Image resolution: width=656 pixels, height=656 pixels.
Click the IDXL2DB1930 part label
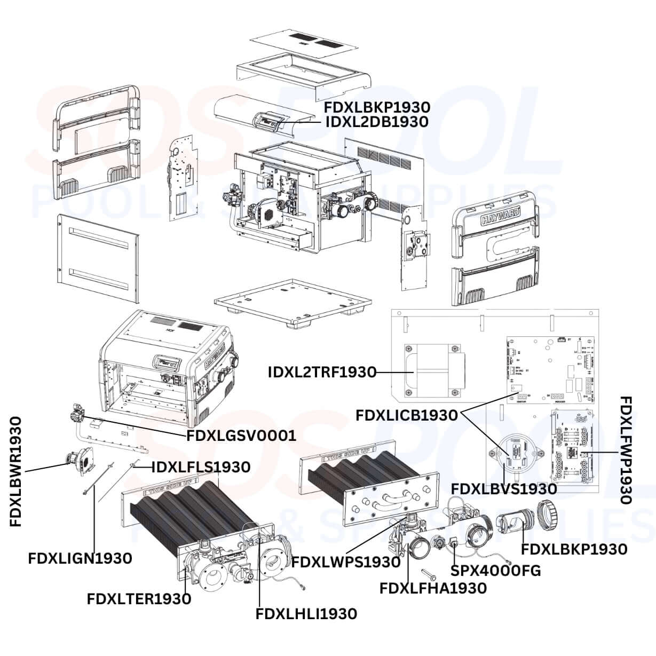(x=376, y=122)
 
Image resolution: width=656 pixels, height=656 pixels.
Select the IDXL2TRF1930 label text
(x=322, y=372)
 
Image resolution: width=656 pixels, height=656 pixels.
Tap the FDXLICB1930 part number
(x=406, y=415)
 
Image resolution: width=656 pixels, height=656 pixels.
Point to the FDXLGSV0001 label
(x=241, y=436)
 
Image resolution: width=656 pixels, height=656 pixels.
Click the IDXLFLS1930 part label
(x=201, y=467)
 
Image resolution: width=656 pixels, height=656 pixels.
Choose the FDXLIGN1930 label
(x=80, y=558)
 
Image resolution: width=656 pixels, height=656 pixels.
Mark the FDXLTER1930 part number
(x=139, y=599)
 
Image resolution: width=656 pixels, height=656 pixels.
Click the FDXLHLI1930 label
(x=306, y=614)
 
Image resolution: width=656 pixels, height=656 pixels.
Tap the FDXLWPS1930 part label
(x=346, y=562)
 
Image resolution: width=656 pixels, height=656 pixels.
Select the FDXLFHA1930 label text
(x=433, y=588)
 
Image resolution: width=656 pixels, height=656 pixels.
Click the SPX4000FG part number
(x=495, y=571)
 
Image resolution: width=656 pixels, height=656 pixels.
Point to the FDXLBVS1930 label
(x=504, y=488)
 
